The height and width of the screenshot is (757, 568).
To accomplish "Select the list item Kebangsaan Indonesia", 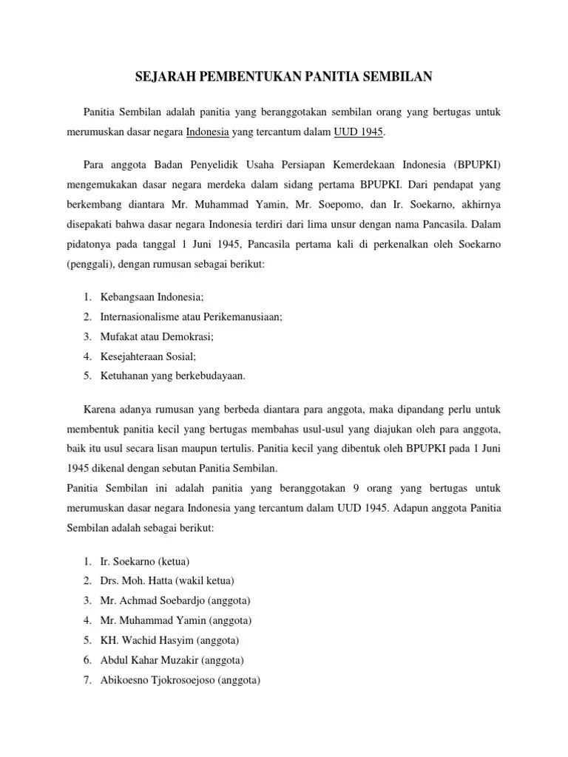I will [x=151, y=296].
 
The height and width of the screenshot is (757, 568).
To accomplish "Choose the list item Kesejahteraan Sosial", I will [x=148, y=356].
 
